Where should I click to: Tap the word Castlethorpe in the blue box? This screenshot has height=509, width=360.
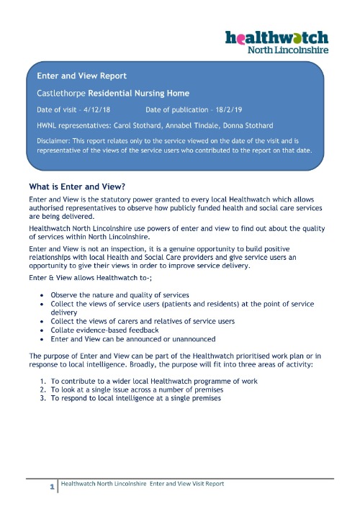pyautogui.click(x=60, y=94)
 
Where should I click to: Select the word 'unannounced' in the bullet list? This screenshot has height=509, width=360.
pyautogui.click(x=194, y=339)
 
